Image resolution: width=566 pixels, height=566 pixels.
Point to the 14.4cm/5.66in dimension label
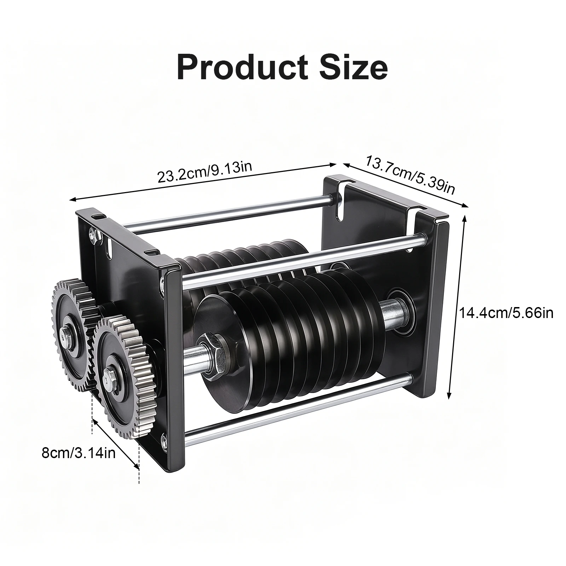506,313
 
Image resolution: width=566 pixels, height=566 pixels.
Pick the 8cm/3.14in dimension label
79,453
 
